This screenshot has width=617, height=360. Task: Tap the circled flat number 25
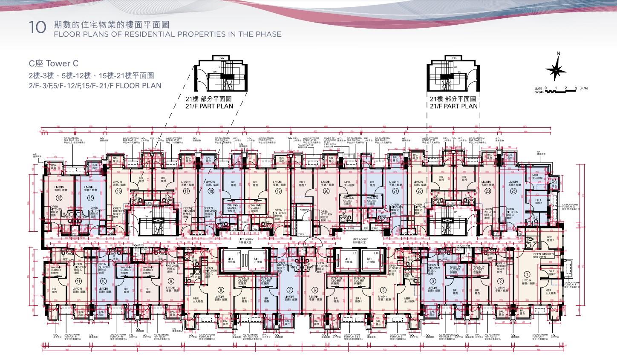(513, 192)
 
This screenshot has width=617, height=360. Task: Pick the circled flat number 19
(279, 192)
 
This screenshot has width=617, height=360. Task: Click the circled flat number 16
(119, 192)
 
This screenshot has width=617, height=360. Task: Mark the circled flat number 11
(78, 281)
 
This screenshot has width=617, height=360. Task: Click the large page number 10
(37, 27)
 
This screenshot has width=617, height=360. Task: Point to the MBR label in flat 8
(196, 299)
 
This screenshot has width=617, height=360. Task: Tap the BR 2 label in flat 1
(551, 273)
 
